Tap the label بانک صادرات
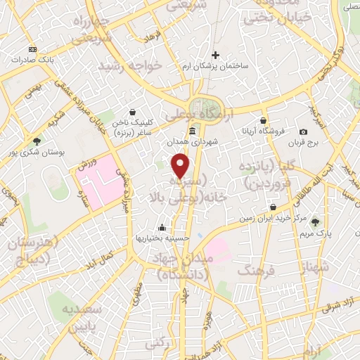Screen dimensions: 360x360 (32, 60)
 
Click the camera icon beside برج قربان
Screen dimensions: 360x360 (303, 132)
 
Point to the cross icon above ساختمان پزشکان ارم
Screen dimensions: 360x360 (216, 55)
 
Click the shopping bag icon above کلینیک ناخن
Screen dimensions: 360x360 (133, 111)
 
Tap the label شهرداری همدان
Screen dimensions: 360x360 (193, 141)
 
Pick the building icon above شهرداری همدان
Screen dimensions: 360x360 (193, 131)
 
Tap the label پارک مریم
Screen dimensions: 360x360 (315, 232)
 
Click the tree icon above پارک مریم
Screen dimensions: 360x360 (314, 221)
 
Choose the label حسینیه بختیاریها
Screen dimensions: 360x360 (163, 238)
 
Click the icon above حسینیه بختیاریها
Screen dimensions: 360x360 (163, 227)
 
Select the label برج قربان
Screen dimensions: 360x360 (304, 143)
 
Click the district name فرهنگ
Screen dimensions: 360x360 (256, 269)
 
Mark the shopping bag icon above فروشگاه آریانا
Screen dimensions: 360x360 (263, 121)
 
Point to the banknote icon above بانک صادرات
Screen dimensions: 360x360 (32, 49)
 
